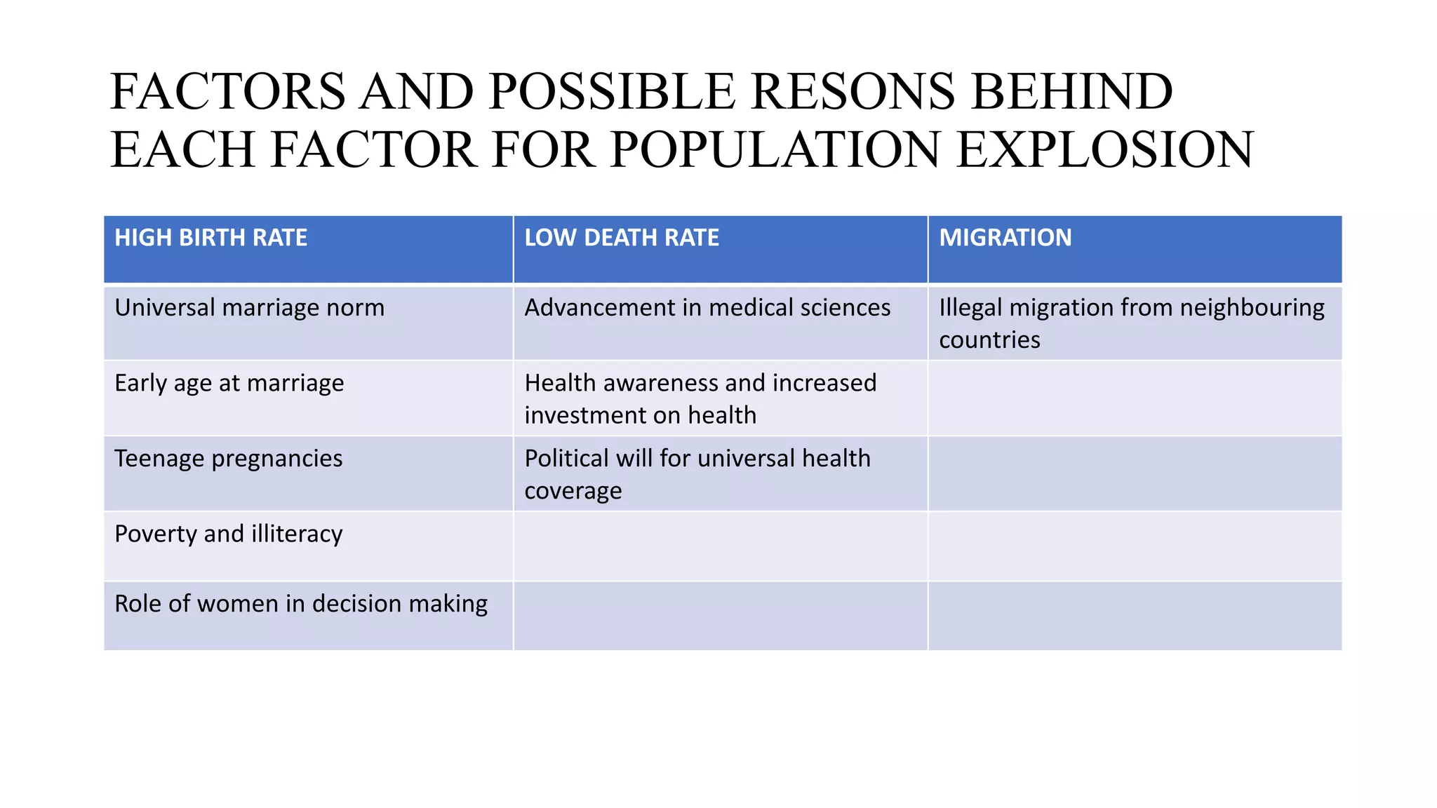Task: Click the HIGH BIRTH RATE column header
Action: pos(210,238)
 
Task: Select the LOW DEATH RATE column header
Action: pos(622,238)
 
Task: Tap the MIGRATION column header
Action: pos(1005,238)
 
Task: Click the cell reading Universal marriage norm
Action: pos(249,308)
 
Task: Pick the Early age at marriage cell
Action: pos(229,383)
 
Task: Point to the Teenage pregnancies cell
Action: pos(228,459)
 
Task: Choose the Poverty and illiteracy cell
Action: pos(228,534)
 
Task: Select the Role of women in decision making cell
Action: pos(300,604)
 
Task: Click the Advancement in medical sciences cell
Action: pos(707,308)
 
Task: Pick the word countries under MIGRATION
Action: pos(989,340)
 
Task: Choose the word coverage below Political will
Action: pos(573,491)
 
